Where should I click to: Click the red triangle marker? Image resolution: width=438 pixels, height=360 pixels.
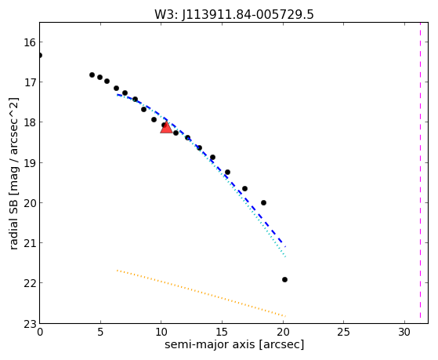166,128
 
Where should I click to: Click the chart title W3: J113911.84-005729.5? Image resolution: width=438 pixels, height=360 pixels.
234,15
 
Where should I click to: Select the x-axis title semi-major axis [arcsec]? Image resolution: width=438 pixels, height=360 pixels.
234,344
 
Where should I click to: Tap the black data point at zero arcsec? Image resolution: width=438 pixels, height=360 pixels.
40,56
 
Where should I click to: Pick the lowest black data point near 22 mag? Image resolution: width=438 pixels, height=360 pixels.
284,279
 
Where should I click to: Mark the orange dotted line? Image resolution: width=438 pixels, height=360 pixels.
201,293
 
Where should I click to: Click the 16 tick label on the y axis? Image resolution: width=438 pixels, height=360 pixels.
29,42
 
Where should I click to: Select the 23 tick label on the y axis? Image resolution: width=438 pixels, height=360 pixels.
29,324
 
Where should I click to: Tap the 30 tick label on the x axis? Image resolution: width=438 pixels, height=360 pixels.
404,333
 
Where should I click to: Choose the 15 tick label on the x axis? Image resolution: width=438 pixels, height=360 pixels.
222,333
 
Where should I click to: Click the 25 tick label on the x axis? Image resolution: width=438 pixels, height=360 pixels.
343,333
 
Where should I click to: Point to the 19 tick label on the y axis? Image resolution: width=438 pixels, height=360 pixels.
29,163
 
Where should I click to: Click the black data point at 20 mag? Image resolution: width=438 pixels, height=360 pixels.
263,203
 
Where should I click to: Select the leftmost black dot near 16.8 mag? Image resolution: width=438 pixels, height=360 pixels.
92,75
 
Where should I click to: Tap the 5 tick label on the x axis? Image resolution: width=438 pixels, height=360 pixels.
100,333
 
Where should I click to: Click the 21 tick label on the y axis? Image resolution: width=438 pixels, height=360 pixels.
29,243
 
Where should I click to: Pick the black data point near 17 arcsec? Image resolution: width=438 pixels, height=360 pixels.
244,188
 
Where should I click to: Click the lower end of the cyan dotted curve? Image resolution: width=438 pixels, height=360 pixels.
285,256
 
